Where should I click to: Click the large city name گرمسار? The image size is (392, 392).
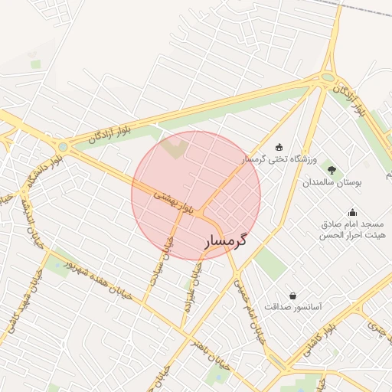227,241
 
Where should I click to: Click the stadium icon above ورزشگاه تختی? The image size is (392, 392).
279,147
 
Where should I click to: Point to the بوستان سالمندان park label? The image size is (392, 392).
331,183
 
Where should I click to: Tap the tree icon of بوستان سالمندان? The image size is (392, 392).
331,169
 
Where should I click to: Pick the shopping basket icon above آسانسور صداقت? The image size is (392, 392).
292,295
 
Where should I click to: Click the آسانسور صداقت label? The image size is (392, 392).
292,306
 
